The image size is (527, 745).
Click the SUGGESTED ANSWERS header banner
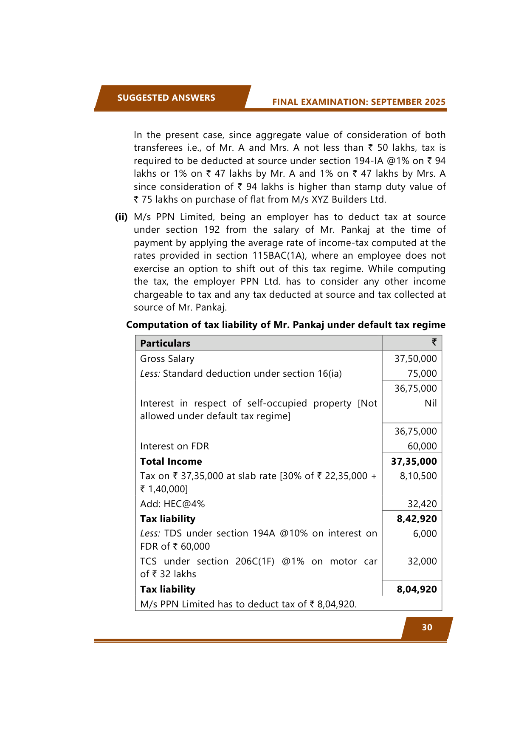tap(166, 98)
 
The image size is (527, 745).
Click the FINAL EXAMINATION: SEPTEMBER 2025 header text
tap(359, 102)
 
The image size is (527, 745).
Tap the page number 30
tap(427, 627)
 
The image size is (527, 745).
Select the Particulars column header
tap(165, 343)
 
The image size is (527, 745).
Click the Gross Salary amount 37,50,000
tap(415, 358)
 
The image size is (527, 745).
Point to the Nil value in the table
tap(430, 403)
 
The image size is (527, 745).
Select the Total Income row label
tap(171, 461)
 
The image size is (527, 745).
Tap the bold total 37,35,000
tap(414, 461)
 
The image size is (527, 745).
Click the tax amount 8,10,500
tap(418, 476)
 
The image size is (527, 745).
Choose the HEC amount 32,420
tap(422, 504)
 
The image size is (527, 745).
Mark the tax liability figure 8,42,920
tap(417, 519)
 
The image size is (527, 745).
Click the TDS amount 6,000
tap(425, 533)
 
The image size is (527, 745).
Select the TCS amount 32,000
tap(422, 561)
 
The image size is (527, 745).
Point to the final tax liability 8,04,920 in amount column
tap(417, 589)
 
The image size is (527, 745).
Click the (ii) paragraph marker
tap(121, 217)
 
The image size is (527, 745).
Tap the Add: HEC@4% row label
tap(172, 504)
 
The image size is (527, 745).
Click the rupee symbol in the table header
tap(434, 342)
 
